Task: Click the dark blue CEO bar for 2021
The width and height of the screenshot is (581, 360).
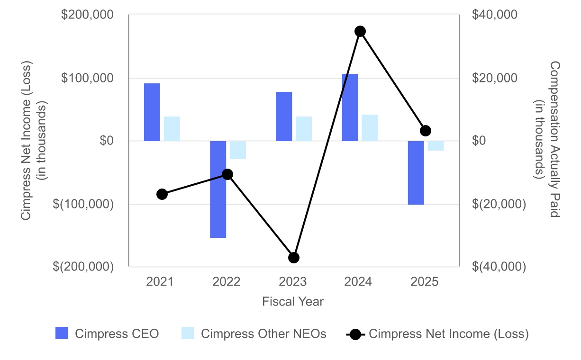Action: [x=152, y=112]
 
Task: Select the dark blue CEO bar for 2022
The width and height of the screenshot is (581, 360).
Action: [x=218, y=189]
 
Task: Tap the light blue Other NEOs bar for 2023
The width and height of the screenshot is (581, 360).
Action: [x=304, y=129]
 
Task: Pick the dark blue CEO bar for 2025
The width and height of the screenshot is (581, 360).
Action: [x=416, y=172]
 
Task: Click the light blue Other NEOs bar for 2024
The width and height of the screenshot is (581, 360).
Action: [x=370, y=128]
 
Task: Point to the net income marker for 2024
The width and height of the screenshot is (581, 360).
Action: [x=360, y=31]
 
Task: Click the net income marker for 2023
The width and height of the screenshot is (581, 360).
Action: [x=294, y=258]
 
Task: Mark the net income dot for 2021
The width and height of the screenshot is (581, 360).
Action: [x=162, y=194]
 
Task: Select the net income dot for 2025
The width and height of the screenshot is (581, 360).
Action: [x=426, y=131]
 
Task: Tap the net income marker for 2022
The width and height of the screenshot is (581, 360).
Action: [x=227, y=174]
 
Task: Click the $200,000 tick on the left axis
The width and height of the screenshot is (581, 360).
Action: [x=87, y=15]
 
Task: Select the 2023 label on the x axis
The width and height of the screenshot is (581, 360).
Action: [x=292, y=282]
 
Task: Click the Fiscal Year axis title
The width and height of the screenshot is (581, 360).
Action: [x=293, y=302]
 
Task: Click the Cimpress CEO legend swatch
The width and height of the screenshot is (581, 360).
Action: [x=62, y=333]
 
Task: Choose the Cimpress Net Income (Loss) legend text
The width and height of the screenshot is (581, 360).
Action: [x=448, y=333]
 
